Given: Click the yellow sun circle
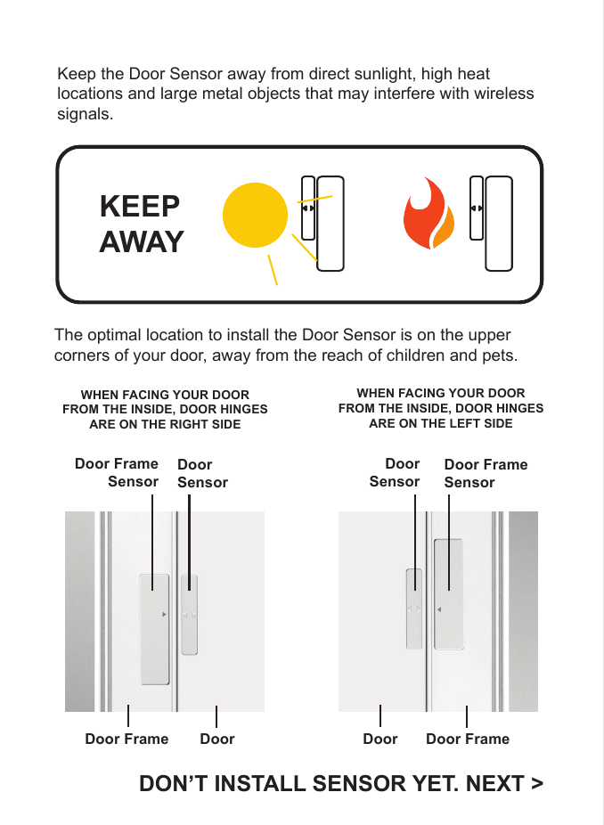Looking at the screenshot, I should pyautogui.click(x=256, y=215).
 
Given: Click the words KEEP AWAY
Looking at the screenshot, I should pyautogui.click(x=142, y=224).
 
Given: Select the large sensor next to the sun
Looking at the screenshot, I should pyautogui.click(x=331, y=222).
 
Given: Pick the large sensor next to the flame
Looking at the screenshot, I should pyautogui.click(x=499, y=223).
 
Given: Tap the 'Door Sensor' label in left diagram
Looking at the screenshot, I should pyautogui.click(x=202, y=473).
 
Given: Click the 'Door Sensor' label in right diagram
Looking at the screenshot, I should pyautogui.click(x=395, y=472).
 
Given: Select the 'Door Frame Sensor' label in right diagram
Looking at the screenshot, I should pyautogui.click(x=486, y=473).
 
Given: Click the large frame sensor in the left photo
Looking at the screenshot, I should pyautogui.click(x=154, y=628).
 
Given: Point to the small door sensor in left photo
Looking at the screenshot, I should pyautogui.click(x=189, y=615).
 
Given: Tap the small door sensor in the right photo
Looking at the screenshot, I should pyautogui.click(x=414, y=609).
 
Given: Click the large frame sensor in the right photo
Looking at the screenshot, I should pyautogui.click(x=449, y=594).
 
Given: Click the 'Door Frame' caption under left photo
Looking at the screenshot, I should pyautogui.click(x=127, y=739).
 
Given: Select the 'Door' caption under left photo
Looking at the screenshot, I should pyautogui.click(x=217, y=739).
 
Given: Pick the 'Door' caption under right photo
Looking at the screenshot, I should pyautogui.click(x=380, y=739).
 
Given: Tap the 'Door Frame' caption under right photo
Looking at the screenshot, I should pyautogui.click(x=468, y=739).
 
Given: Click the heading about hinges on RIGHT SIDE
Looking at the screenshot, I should pyautogui.click(x=165, y=409).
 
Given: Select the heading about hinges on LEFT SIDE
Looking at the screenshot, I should pyautogui.click(x=441, y=408).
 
